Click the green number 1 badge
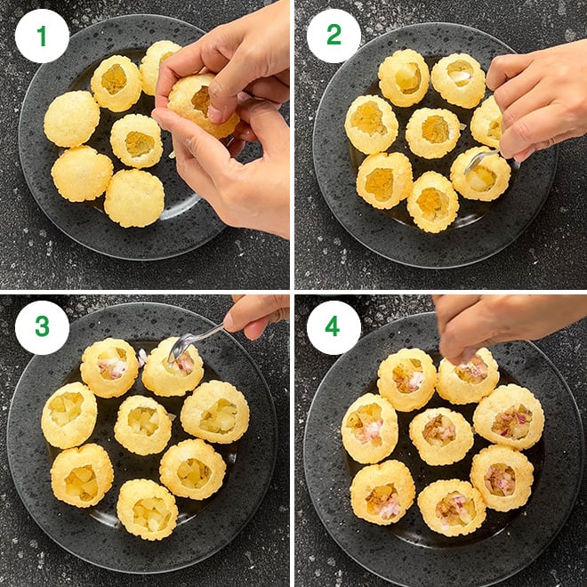coord(42,36)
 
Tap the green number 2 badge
coord(334,36)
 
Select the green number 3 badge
coord(42,327)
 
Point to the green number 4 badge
coord(334,327)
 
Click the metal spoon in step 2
coord(480,161)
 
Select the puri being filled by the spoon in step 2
coord(480,173)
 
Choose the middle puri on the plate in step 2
coord(433,133)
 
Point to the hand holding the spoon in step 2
coord(539,101)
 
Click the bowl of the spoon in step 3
coord(178,347)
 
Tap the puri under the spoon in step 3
coord(173,366)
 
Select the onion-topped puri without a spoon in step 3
coord(109,367)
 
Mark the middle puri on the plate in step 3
coord(142,425)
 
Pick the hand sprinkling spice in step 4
coord(502,326)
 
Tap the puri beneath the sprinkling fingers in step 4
coord(468,375)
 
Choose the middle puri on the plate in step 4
coord(441,436)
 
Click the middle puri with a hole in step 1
coord(137,141)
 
